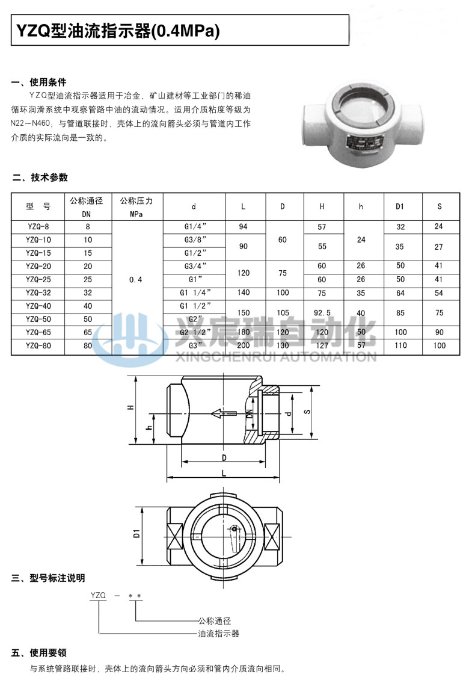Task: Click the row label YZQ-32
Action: point(38,292)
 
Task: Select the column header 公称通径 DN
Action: point(87,206)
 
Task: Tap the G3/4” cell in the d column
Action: point(194,266)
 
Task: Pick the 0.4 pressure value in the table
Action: point(136,279)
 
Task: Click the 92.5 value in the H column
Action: point(322,312)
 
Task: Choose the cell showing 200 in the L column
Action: point(243,345)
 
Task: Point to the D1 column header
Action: point(400,207)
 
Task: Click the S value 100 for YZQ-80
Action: point(440,345)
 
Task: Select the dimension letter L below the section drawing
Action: point(224,474)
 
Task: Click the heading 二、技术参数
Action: point(40,178)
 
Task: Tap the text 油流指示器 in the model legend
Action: point(219,634)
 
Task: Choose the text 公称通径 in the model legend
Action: point(215,620)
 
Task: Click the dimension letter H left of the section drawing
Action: point(130,407)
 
